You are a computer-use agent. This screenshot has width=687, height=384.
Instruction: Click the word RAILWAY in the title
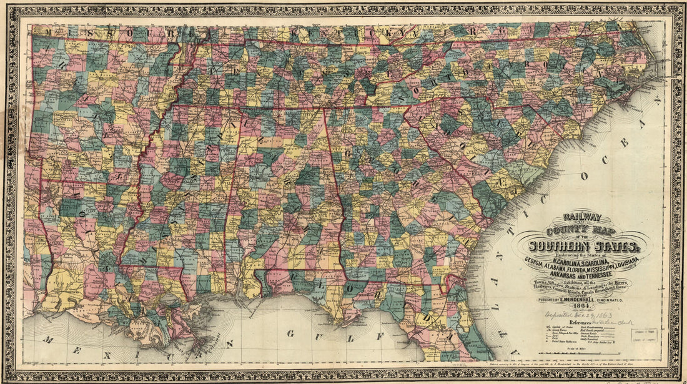point(582,218)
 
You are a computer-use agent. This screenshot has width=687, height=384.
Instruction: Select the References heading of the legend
point(581,325)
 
